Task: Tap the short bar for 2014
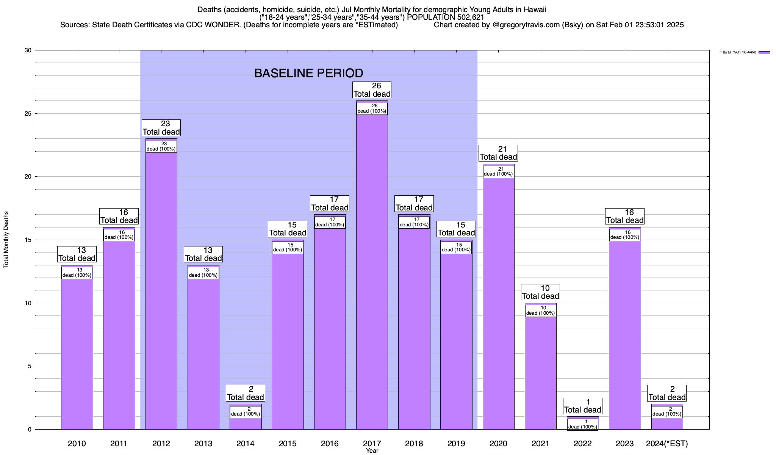coord(246,424)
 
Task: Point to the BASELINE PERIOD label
coord(308,73)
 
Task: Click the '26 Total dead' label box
coord(372,90)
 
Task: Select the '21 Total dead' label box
coord(498,153)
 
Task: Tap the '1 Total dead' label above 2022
coord(582,406)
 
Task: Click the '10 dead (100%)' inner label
coord(540,311)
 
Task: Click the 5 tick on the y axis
coord(30,366)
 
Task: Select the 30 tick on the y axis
coord(28,50)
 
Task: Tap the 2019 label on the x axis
coord(456,443)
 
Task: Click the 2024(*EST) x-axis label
coord(667,443)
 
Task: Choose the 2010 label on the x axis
coord(77,443)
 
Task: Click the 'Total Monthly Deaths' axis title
coord(6,240)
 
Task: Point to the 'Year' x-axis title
coord(372,451)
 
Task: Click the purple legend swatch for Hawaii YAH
coord(764,52)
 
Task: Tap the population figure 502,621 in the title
coord(470,17)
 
